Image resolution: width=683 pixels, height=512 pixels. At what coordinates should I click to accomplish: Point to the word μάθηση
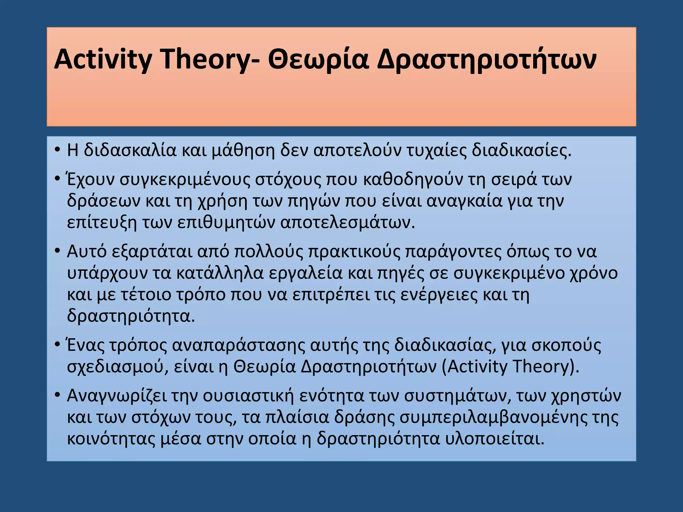pyautogui.click(x=243, y=151)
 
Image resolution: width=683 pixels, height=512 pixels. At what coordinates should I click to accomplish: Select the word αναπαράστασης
pyautogui.click(x=238, y=346)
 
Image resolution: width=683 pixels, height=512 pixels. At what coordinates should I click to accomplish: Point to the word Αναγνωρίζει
pyautogui.click(x=116, y=396)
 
